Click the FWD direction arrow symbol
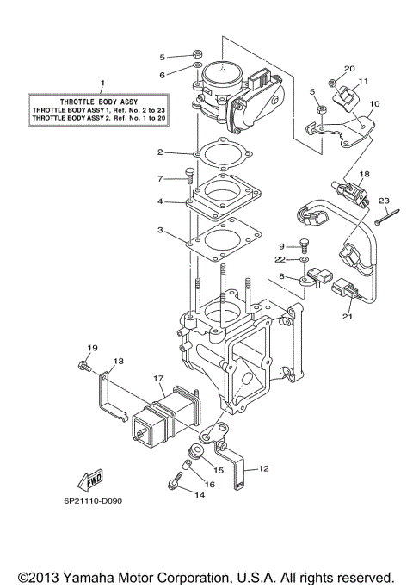coord(89,480)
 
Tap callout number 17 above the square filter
coord(158,377)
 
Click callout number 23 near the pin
coord(383,199)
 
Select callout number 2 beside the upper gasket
coord(160,152)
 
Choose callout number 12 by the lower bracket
coord(263,470)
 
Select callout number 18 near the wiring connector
coord(364,174)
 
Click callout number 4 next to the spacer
coord(160,202)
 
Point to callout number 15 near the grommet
coord(219,470)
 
